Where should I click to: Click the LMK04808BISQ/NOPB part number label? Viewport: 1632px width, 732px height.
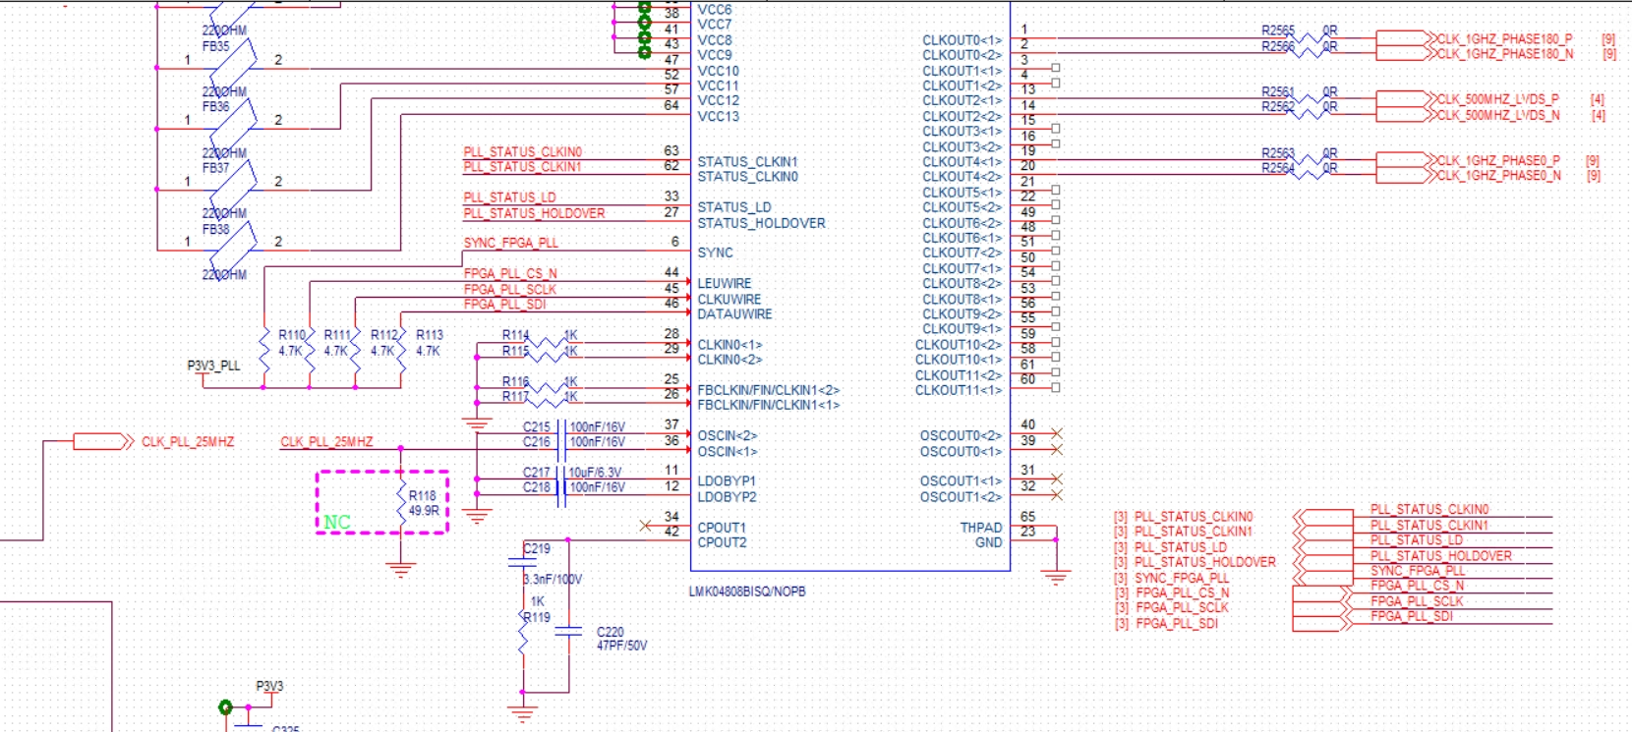747,591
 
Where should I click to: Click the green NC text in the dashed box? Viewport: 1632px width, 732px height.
337,522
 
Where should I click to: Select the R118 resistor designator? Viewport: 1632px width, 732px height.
423,496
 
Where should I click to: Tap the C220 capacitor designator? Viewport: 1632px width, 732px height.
610,632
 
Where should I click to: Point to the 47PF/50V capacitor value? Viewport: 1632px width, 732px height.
621,646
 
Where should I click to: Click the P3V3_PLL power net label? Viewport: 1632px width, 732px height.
213,366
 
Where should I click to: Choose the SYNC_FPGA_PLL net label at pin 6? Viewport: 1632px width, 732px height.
510,243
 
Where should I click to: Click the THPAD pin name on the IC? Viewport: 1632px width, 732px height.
980,528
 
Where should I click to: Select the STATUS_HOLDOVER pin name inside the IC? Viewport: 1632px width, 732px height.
761,223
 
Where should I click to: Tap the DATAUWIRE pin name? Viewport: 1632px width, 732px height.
734,314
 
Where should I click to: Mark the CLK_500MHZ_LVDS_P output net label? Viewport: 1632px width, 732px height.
1498,99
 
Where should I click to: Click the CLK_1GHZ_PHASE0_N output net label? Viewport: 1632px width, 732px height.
1498,176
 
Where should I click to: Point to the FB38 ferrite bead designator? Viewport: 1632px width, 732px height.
215,229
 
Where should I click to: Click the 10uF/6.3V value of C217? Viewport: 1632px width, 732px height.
595,473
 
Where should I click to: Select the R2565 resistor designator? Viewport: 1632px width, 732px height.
1277,30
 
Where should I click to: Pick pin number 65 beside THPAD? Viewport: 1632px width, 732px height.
1027,516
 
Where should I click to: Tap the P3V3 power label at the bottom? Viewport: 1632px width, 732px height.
269,686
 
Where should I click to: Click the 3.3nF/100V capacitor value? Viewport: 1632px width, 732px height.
553,580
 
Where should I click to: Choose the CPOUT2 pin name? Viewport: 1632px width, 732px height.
722,542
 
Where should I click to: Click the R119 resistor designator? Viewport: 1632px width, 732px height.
537,617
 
